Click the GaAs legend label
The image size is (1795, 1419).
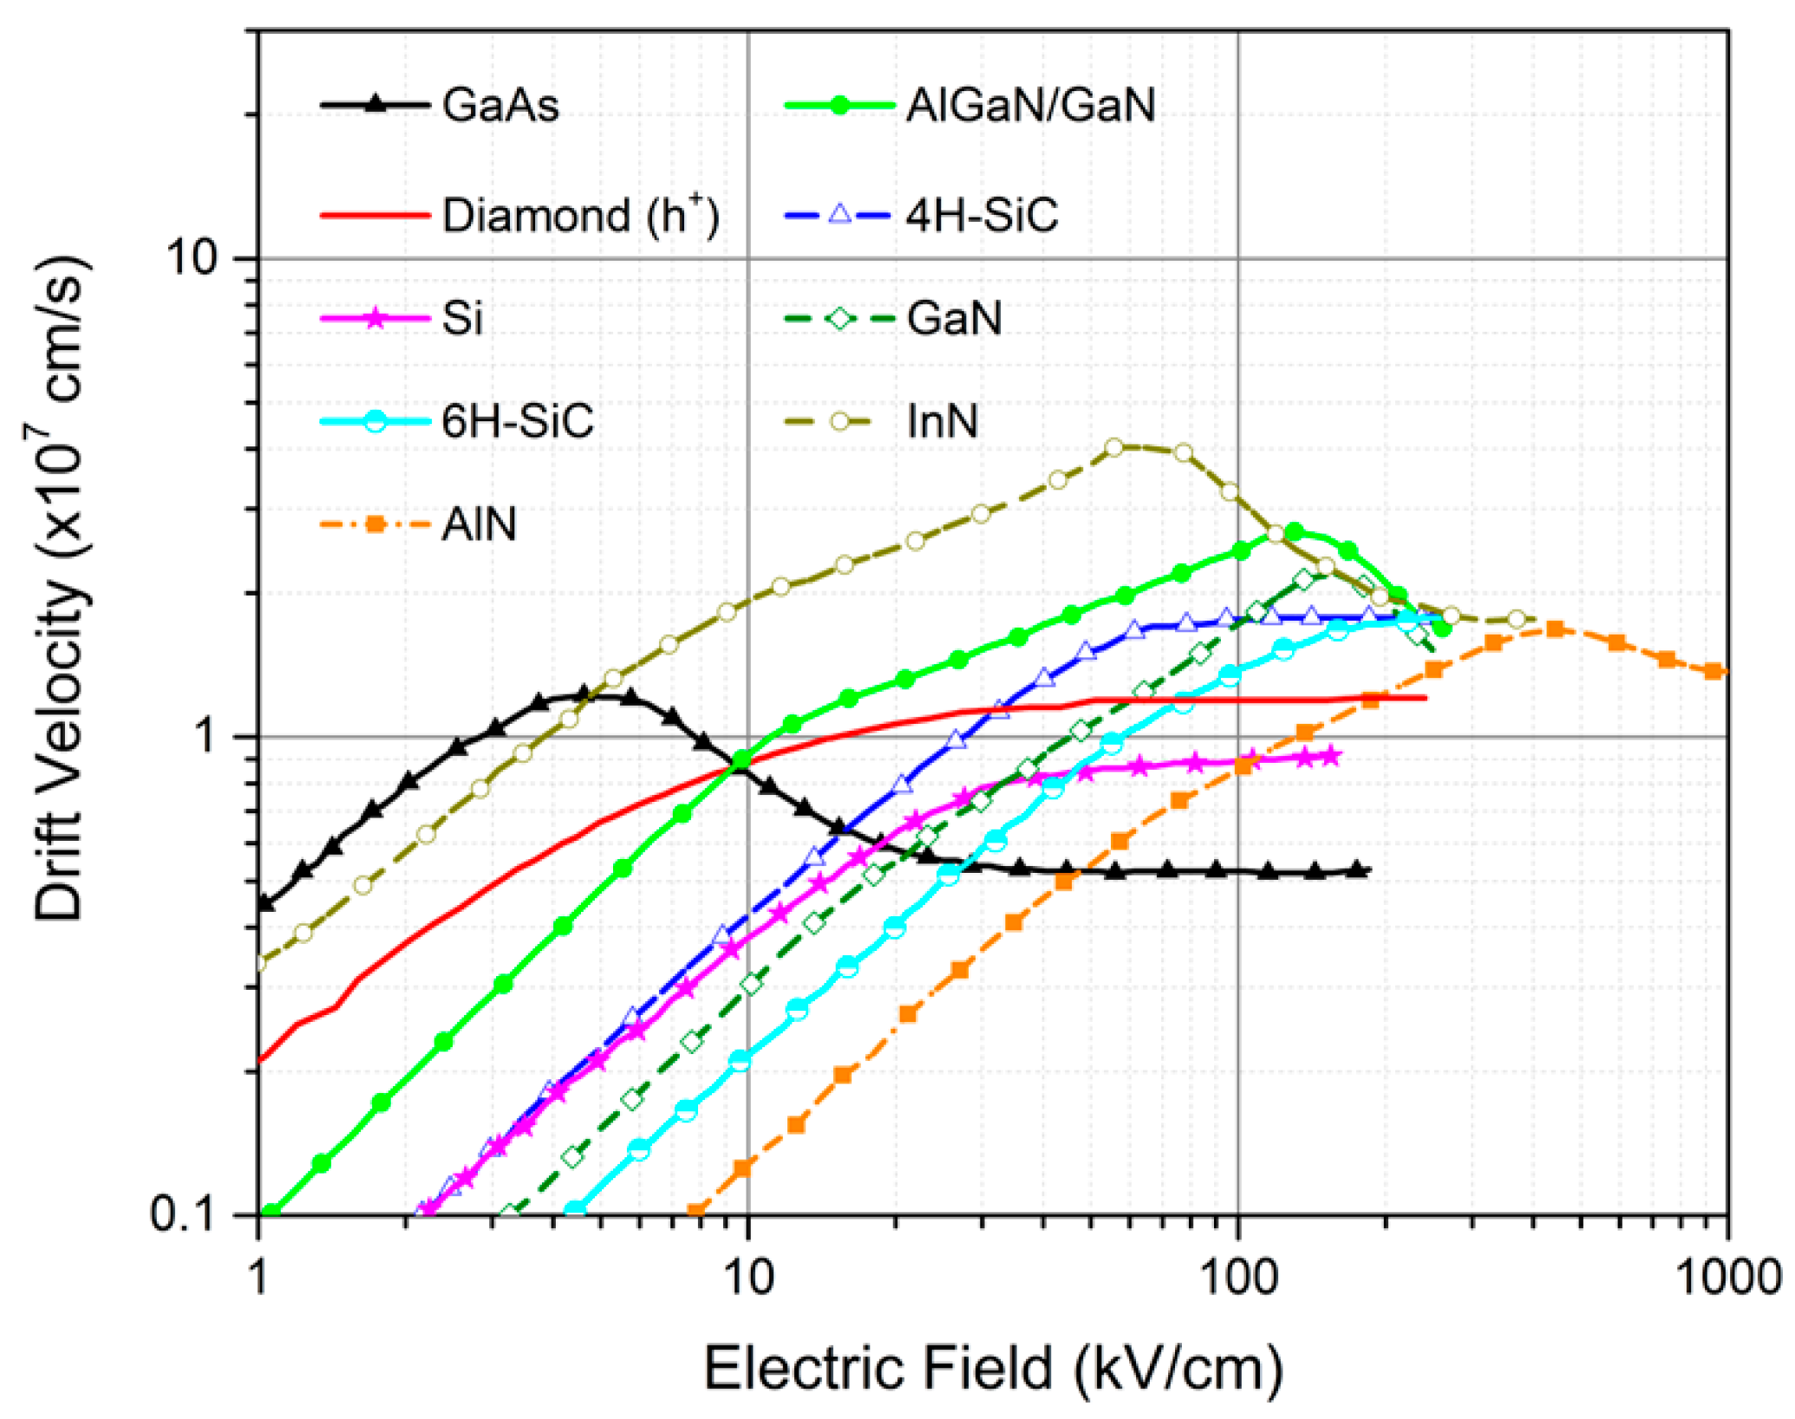click(500, 106)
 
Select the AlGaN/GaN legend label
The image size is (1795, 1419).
click(1030, 106)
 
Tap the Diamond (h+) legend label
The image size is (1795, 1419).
click(580, 214)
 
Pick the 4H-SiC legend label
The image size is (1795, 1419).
click(982, 214)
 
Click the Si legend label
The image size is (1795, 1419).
click(462, 318)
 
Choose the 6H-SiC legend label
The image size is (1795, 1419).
click(518, 422)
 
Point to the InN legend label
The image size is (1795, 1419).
click(943, 422)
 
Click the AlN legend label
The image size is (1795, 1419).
click(479, 524)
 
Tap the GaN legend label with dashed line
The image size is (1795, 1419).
click(954, 318)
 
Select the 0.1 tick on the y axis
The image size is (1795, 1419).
click(182, 1214)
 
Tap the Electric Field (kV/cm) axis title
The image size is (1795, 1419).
click(993, 1369)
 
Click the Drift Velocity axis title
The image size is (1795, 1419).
click(61, 589)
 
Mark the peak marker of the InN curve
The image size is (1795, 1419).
click(1115, 447)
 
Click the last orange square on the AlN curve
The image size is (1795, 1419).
click(1713, 671)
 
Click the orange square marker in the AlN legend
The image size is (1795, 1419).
click(375, 524)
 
